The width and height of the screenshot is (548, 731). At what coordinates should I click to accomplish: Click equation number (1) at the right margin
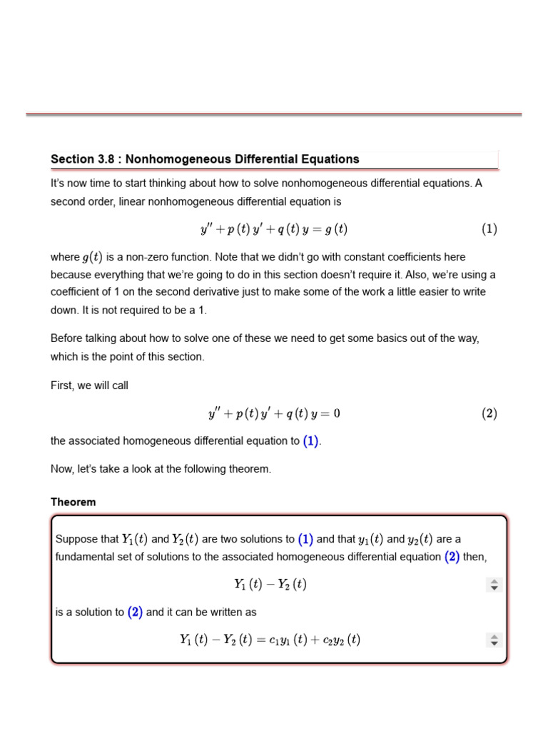tap(489, 229)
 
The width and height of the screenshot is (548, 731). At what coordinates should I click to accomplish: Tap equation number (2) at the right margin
tap(489, 413)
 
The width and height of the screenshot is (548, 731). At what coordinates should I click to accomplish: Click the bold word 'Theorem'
tap(73, 502)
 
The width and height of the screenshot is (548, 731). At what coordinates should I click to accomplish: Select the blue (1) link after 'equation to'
tap(310, 441)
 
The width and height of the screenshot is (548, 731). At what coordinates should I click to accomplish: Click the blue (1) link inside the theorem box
tap(305, 540)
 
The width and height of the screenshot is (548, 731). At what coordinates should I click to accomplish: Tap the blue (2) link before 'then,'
tap(452, 557)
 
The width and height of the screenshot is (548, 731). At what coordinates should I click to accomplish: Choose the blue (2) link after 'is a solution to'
tap(135, 612)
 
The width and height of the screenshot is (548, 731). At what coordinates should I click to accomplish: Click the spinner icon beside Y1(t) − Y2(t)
tap(494, 585)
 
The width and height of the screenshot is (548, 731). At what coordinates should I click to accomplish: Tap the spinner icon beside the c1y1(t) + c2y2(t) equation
tap(494, 640)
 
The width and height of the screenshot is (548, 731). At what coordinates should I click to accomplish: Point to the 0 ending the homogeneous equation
tap(337, 413)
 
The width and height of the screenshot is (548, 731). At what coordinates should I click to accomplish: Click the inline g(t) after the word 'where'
tap(89, 257)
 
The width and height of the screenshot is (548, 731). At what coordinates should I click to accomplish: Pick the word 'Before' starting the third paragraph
tap(66, 338)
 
